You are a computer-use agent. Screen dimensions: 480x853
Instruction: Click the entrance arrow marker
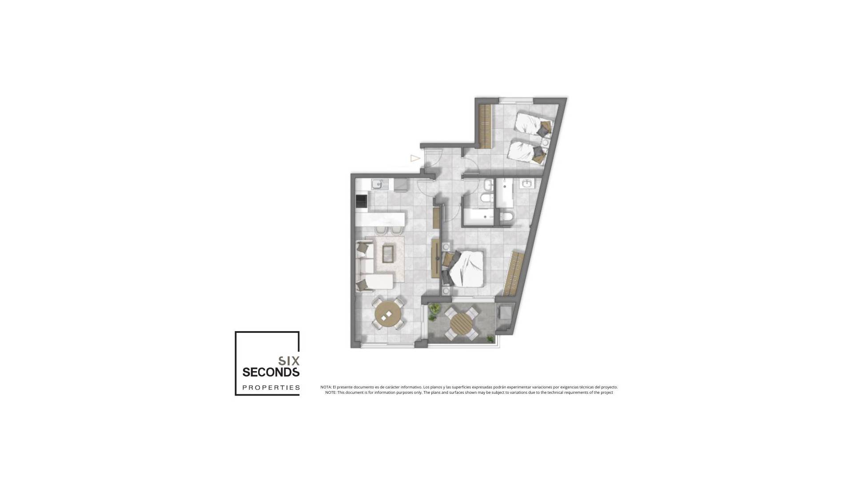[415, 158]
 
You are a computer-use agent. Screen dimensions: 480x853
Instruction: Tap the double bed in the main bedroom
[464, 268]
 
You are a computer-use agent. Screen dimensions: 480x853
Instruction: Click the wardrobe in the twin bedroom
[486, 127]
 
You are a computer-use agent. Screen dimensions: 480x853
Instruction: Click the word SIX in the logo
[289, 361]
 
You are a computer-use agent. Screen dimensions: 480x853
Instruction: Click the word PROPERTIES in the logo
[271, 388]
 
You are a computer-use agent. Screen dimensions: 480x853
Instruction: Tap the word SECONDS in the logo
[271, 372]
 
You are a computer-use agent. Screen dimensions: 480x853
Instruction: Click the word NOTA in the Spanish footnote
[326, 387]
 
